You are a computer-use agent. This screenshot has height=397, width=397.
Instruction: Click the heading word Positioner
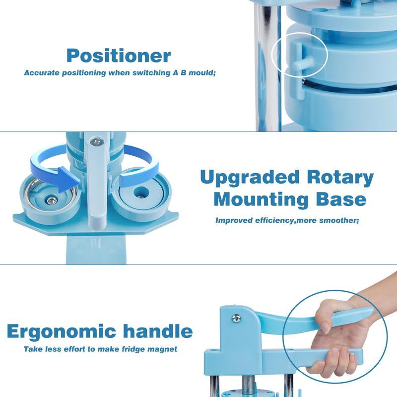119,55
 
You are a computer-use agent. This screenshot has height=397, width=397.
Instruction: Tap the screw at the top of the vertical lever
96,142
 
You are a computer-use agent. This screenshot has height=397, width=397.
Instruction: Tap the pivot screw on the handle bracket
237,318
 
